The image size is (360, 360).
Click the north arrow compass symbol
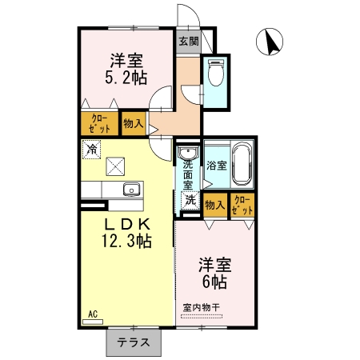[x=270, y=42]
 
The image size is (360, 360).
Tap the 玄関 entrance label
[x=189, y=41]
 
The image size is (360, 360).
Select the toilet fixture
[x=215, y=73]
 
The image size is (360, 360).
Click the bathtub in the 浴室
[x=242, y=164]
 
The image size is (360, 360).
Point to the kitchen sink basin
[x=132, y=190]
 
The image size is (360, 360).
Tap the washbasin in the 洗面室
[x=188, y=153]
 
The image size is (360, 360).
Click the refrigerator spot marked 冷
[x=91, y=150]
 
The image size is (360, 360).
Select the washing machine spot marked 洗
[x=190, y=200]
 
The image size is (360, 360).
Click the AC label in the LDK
[x=93, y=314]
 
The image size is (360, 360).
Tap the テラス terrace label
[x=134, y=342]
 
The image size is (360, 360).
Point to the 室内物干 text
[x=202, y=307]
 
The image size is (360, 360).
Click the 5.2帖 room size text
[x=126, y=78]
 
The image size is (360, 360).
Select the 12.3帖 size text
[x=126, y=241]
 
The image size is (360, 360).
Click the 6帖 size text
[x=214, y=282]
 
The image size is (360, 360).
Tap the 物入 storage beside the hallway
[x=134, y=123]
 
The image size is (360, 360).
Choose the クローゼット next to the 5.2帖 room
[x=99, y=123]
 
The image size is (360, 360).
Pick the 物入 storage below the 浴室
[x=215, y=205]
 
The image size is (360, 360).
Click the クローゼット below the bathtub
[x=242, y=205]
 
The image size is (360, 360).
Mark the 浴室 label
[x=217, y=166]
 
